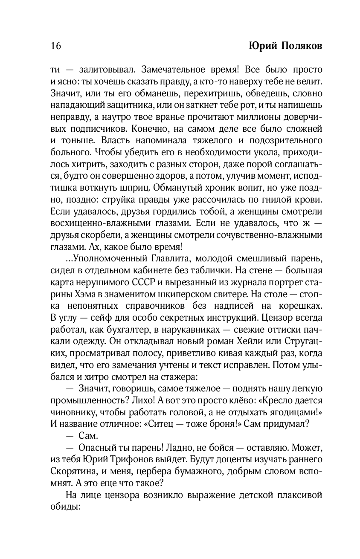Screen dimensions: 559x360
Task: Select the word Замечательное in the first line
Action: pos(171,69)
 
